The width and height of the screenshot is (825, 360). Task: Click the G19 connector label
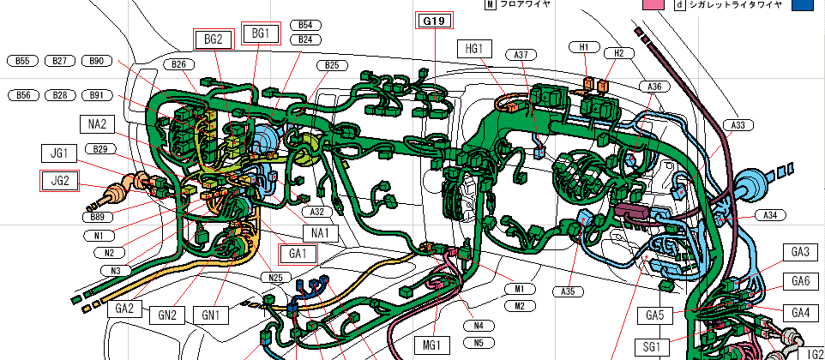click(x=434, y=21)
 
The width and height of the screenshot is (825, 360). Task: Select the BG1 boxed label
click(x=261, y=33)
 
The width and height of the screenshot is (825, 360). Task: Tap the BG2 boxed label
click(x=213, y=39)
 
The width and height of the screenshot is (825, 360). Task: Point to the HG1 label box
click(x=474, y=50)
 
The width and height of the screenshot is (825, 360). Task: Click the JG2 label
click(x=60, y=181)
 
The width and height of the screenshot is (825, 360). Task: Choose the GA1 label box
click(x=298, y=255)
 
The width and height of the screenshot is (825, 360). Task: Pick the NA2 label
click(x=98, y=124)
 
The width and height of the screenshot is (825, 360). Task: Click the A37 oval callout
click(x=521, y=54)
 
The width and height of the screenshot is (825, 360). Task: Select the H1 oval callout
click(x=583, y=47)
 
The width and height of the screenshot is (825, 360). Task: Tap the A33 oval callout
click(x=738, y=125)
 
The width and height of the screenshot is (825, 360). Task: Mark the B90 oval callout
click(x=97, y=61)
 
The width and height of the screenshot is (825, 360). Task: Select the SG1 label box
click(x=652, y=347)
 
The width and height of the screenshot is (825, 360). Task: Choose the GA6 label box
click(x=800, y=281)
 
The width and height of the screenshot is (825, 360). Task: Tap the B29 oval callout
click(x=100, y=149)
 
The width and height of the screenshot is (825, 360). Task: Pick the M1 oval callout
click(x=520, y=289)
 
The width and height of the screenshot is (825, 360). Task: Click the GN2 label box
click(x=167, y=315)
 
